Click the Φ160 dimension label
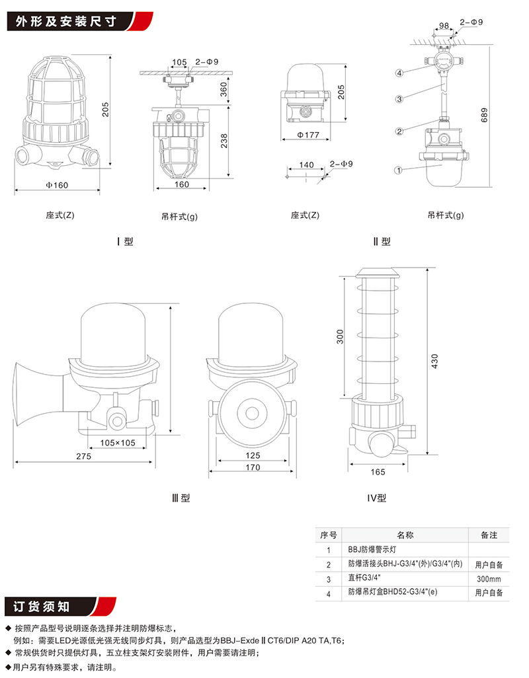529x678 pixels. click(57, 184)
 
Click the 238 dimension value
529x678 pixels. click(223, 141)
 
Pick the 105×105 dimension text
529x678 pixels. click(118, 442)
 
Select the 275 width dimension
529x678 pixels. click(83, 456)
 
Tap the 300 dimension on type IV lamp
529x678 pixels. click(340, 337)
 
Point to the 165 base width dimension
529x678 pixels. click(378, 472)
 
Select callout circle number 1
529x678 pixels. click(398, 170)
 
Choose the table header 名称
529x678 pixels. click(405, 535)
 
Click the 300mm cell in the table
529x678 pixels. click(489, 579)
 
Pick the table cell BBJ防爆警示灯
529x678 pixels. click(371, 550)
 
